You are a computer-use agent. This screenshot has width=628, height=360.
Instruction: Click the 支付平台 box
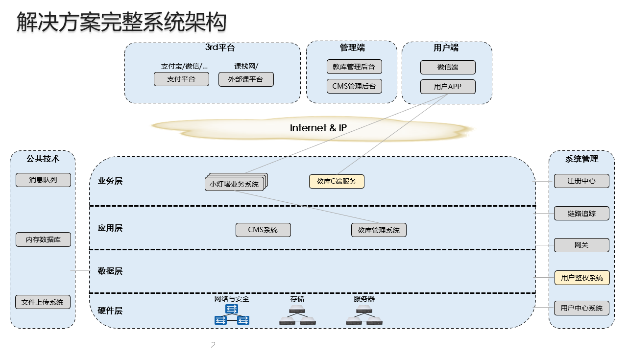click(x=181, y=79)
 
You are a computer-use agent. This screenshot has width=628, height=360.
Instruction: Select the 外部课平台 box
click(x=246, y=79)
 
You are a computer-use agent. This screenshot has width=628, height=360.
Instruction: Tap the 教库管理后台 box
click(x=354, y=67)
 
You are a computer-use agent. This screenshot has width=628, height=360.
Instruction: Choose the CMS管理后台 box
click(x=354, y=86)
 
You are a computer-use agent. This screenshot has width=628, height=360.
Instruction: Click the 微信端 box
click(x=448, y=67)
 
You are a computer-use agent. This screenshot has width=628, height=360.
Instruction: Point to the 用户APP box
click(x=448, y=87)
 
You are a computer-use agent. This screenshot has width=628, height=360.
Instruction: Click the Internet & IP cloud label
click(x=318, y=128)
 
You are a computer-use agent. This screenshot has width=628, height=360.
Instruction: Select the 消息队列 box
click(x=43, y=180)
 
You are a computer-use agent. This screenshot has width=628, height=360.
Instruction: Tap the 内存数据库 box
click(x=43, y=240)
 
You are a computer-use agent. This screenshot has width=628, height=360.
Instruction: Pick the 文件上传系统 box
click(x=43, y=302)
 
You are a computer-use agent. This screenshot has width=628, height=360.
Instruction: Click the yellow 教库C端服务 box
click(x=337, y=181)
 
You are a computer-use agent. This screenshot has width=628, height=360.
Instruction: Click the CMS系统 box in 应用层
click(x=263, y=230)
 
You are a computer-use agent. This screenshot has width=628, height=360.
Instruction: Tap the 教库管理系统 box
click(x=379, y=230)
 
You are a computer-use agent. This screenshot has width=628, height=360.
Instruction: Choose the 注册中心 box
click(x=581, y=181)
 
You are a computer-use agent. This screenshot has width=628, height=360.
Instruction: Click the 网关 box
click(x=581, y=245)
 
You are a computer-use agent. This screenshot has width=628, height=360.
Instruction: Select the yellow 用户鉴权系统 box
click(x=582, y=278)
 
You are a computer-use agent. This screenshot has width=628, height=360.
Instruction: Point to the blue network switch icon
click(x=232, y=314)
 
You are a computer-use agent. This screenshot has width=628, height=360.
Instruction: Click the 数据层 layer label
click(x=110, y=271)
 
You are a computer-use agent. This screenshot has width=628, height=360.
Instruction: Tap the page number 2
click(x=213, y=345)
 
